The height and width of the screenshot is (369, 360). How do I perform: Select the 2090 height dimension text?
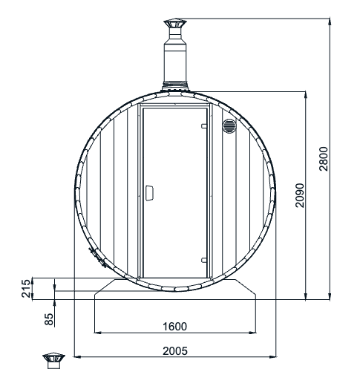(300, 196)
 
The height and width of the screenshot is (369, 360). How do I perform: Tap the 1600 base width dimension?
(176, 326)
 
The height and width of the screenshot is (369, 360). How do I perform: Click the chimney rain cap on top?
(177, 27)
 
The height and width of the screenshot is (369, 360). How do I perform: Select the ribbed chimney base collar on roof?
(177, 85)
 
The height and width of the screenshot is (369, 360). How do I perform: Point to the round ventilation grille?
(229, 125)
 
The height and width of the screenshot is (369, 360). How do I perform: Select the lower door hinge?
(204, 259)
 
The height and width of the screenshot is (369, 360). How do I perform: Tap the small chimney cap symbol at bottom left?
(54, 360)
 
